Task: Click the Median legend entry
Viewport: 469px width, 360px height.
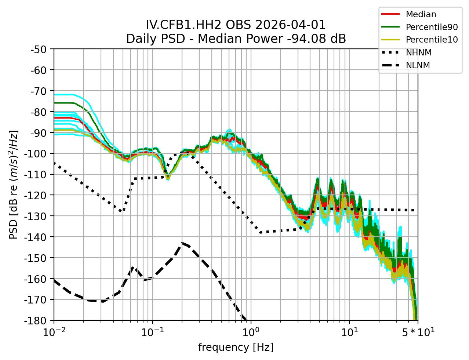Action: pos(421,14)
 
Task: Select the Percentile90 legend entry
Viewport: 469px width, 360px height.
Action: pos(432,27)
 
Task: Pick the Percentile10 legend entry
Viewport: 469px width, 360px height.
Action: pos(432,40)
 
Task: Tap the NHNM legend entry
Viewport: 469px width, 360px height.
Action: pos(418,52)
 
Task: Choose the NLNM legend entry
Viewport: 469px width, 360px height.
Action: pos(418,65)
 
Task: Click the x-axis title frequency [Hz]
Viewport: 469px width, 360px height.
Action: pos(236,347)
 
